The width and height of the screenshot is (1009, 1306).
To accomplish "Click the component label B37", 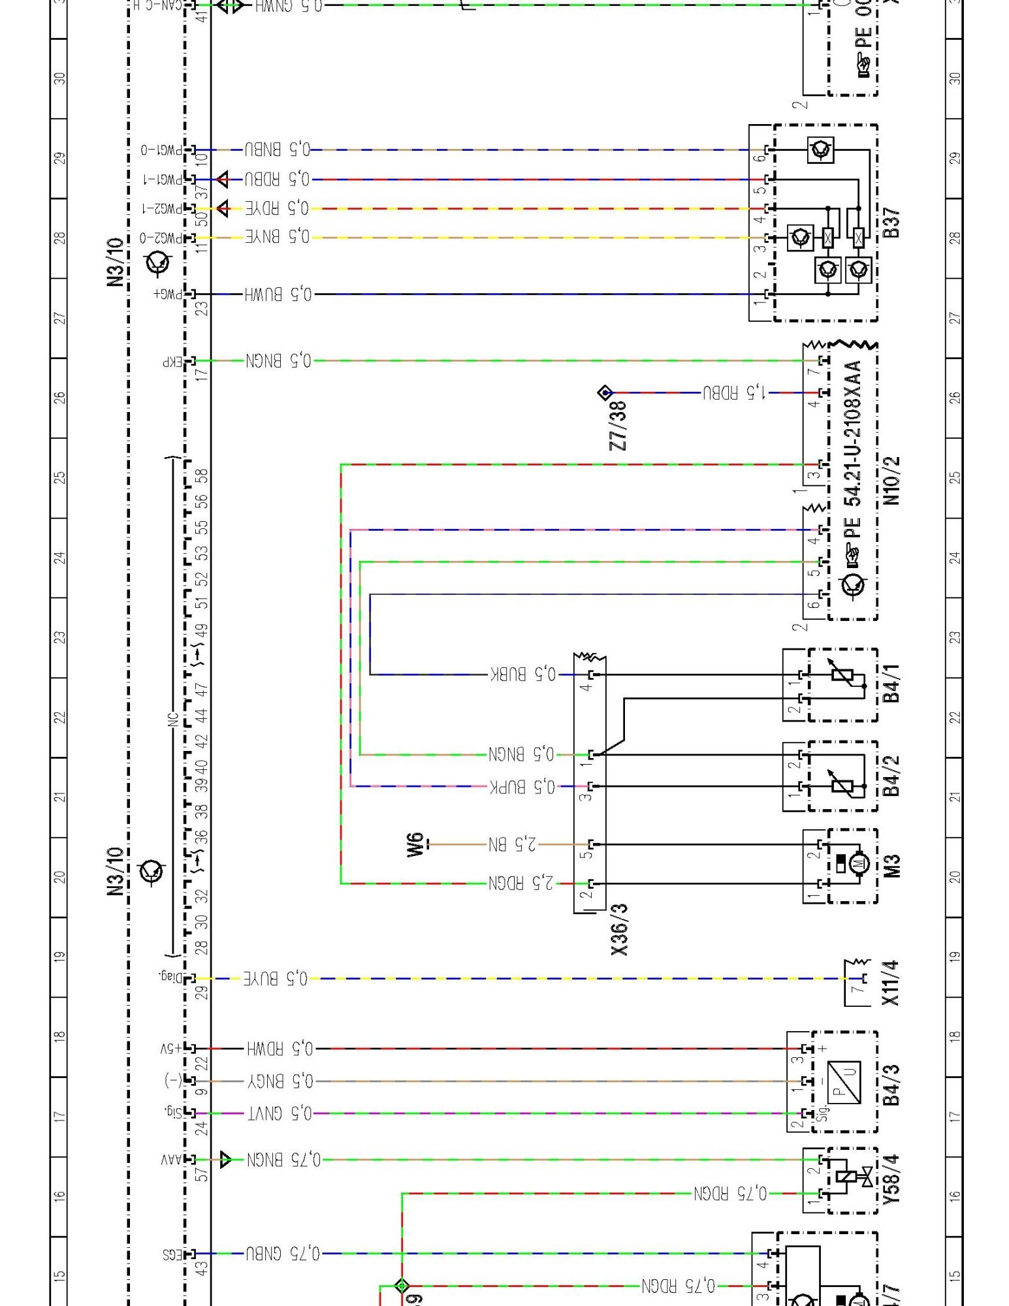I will pyautogui.click(x=891, y=223).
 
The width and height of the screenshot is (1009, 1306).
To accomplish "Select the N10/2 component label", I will pyautogui.click(x=891, y=481).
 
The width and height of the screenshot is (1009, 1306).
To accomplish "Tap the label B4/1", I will pyautogui.click(x=891, y=683).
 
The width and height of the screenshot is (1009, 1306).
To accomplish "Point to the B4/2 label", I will pyautogui.click(x=891, y=776).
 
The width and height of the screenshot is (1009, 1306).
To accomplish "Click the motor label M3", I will pyautogui.click(x=891, y=865).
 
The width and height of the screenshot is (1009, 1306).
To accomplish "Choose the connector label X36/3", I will pyautogui.click(x=619, y=929).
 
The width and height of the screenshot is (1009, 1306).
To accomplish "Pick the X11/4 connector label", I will pyautogui.click(x=890, y=983).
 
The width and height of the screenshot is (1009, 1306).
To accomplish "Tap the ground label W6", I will pyautogui.click(x=415, y=844).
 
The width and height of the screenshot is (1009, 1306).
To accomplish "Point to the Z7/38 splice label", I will pyautogui.click(x=618, y=426).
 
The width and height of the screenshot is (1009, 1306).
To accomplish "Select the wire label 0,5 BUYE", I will pyautogui.click(x=276, y=978).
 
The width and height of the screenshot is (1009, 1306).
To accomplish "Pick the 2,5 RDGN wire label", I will pyautogui.click(x=521, y=884).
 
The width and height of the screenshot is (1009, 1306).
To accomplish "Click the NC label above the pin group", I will pyautogui.click(x=173, y=719).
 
